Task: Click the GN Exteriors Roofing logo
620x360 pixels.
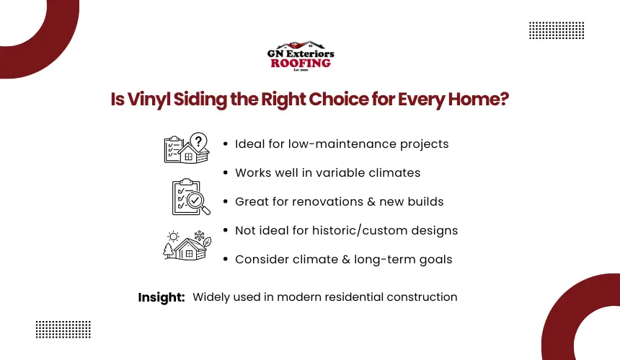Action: click(301, 56)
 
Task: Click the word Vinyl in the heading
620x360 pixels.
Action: click(149, 100)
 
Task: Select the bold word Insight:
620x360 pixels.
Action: click(161, 297)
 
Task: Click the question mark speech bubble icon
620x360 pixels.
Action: click(198, 141)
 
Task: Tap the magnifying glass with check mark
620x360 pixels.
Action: click(198, 203)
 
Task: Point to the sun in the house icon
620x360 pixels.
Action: click(173, 237)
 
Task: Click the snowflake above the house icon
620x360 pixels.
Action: click(199, 236)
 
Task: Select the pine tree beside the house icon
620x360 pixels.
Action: click(169, 251)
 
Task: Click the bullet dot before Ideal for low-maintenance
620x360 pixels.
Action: click(226, 144)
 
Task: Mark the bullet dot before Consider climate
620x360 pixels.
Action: click(226, 260)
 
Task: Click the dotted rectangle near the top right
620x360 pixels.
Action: click(557, 30)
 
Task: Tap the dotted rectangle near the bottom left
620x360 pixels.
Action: click(63, 330)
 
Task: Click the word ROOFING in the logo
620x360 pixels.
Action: click(301, 63)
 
